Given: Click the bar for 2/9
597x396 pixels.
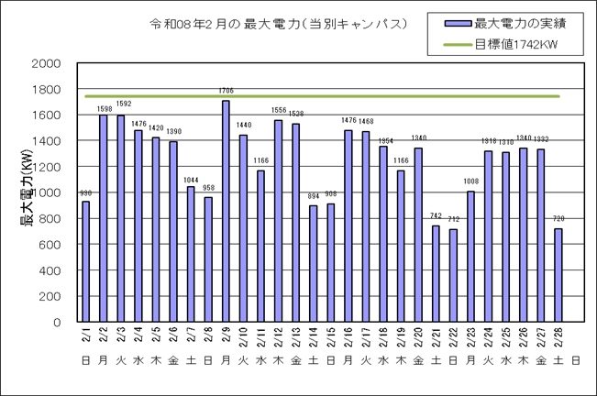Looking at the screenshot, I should point(226,212).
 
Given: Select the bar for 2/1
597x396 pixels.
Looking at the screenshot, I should point(85,262).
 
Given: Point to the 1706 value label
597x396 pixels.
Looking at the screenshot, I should point(226,91).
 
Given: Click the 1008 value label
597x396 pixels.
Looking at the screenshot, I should point(470,181).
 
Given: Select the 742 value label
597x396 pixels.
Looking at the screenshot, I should point(436,216).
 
